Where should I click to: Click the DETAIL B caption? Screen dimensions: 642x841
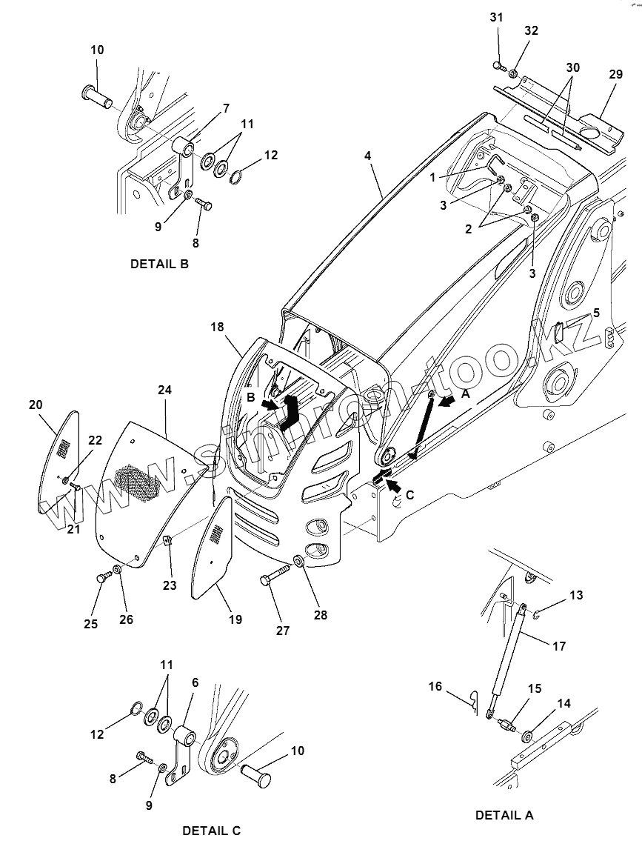(x=159, y=264)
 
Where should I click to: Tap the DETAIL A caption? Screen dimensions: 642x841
(x=504, y=815)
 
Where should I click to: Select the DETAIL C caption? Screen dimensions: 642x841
(x=212, y=831)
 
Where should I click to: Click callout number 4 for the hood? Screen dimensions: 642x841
(x=367, y=156)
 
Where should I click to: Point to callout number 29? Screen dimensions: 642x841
(x=616, y=74)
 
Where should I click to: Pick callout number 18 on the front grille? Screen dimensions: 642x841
(x=217, y=327)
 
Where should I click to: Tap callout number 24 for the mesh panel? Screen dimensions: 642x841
(x=164, y=390)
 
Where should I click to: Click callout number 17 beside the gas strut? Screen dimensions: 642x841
(x=559, y=646)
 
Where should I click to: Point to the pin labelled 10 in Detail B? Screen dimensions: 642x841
(x=96, y=95)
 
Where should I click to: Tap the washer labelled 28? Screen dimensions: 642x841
(x=298, y=562)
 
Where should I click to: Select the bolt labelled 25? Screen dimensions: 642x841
(x=104, y=577)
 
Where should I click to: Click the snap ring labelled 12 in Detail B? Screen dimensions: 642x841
(x=237, y=176)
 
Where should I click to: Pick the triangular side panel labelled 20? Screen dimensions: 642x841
(x=59, y=462)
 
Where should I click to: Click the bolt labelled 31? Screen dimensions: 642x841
(x=499, y=66)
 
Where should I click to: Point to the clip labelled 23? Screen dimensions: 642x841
(x=167, y=540)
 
